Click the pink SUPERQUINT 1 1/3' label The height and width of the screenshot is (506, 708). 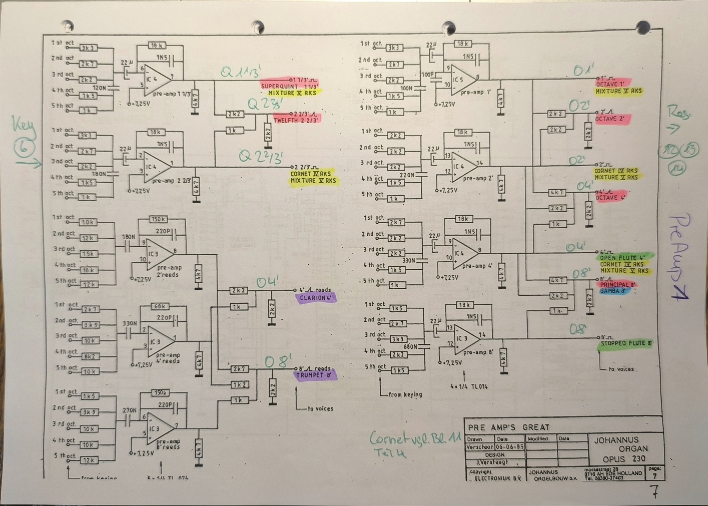pyautogui.click(x=289, y=86)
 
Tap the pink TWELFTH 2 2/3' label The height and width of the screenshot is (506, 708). pyautogui.click(x=297, y=120)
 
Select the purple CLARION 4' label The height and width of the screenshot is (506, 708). pyautogui.click(x=315, y=298)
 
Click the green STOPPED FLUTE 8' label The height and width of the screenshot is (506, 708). pyautogui.click(x=626, y=343)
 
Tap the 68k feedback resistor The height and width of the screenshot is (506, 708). pyautogui.click(x=160, y=306)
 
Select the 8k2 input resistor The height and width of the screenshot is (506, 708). pyautogui.click(x=90, y=356)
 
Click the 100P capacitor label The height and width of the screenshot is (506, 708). pyautogui.click(x=428, y=75)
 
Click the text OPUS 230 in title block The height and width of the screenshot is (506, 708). pyautogui.click(x=624, y=459)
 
